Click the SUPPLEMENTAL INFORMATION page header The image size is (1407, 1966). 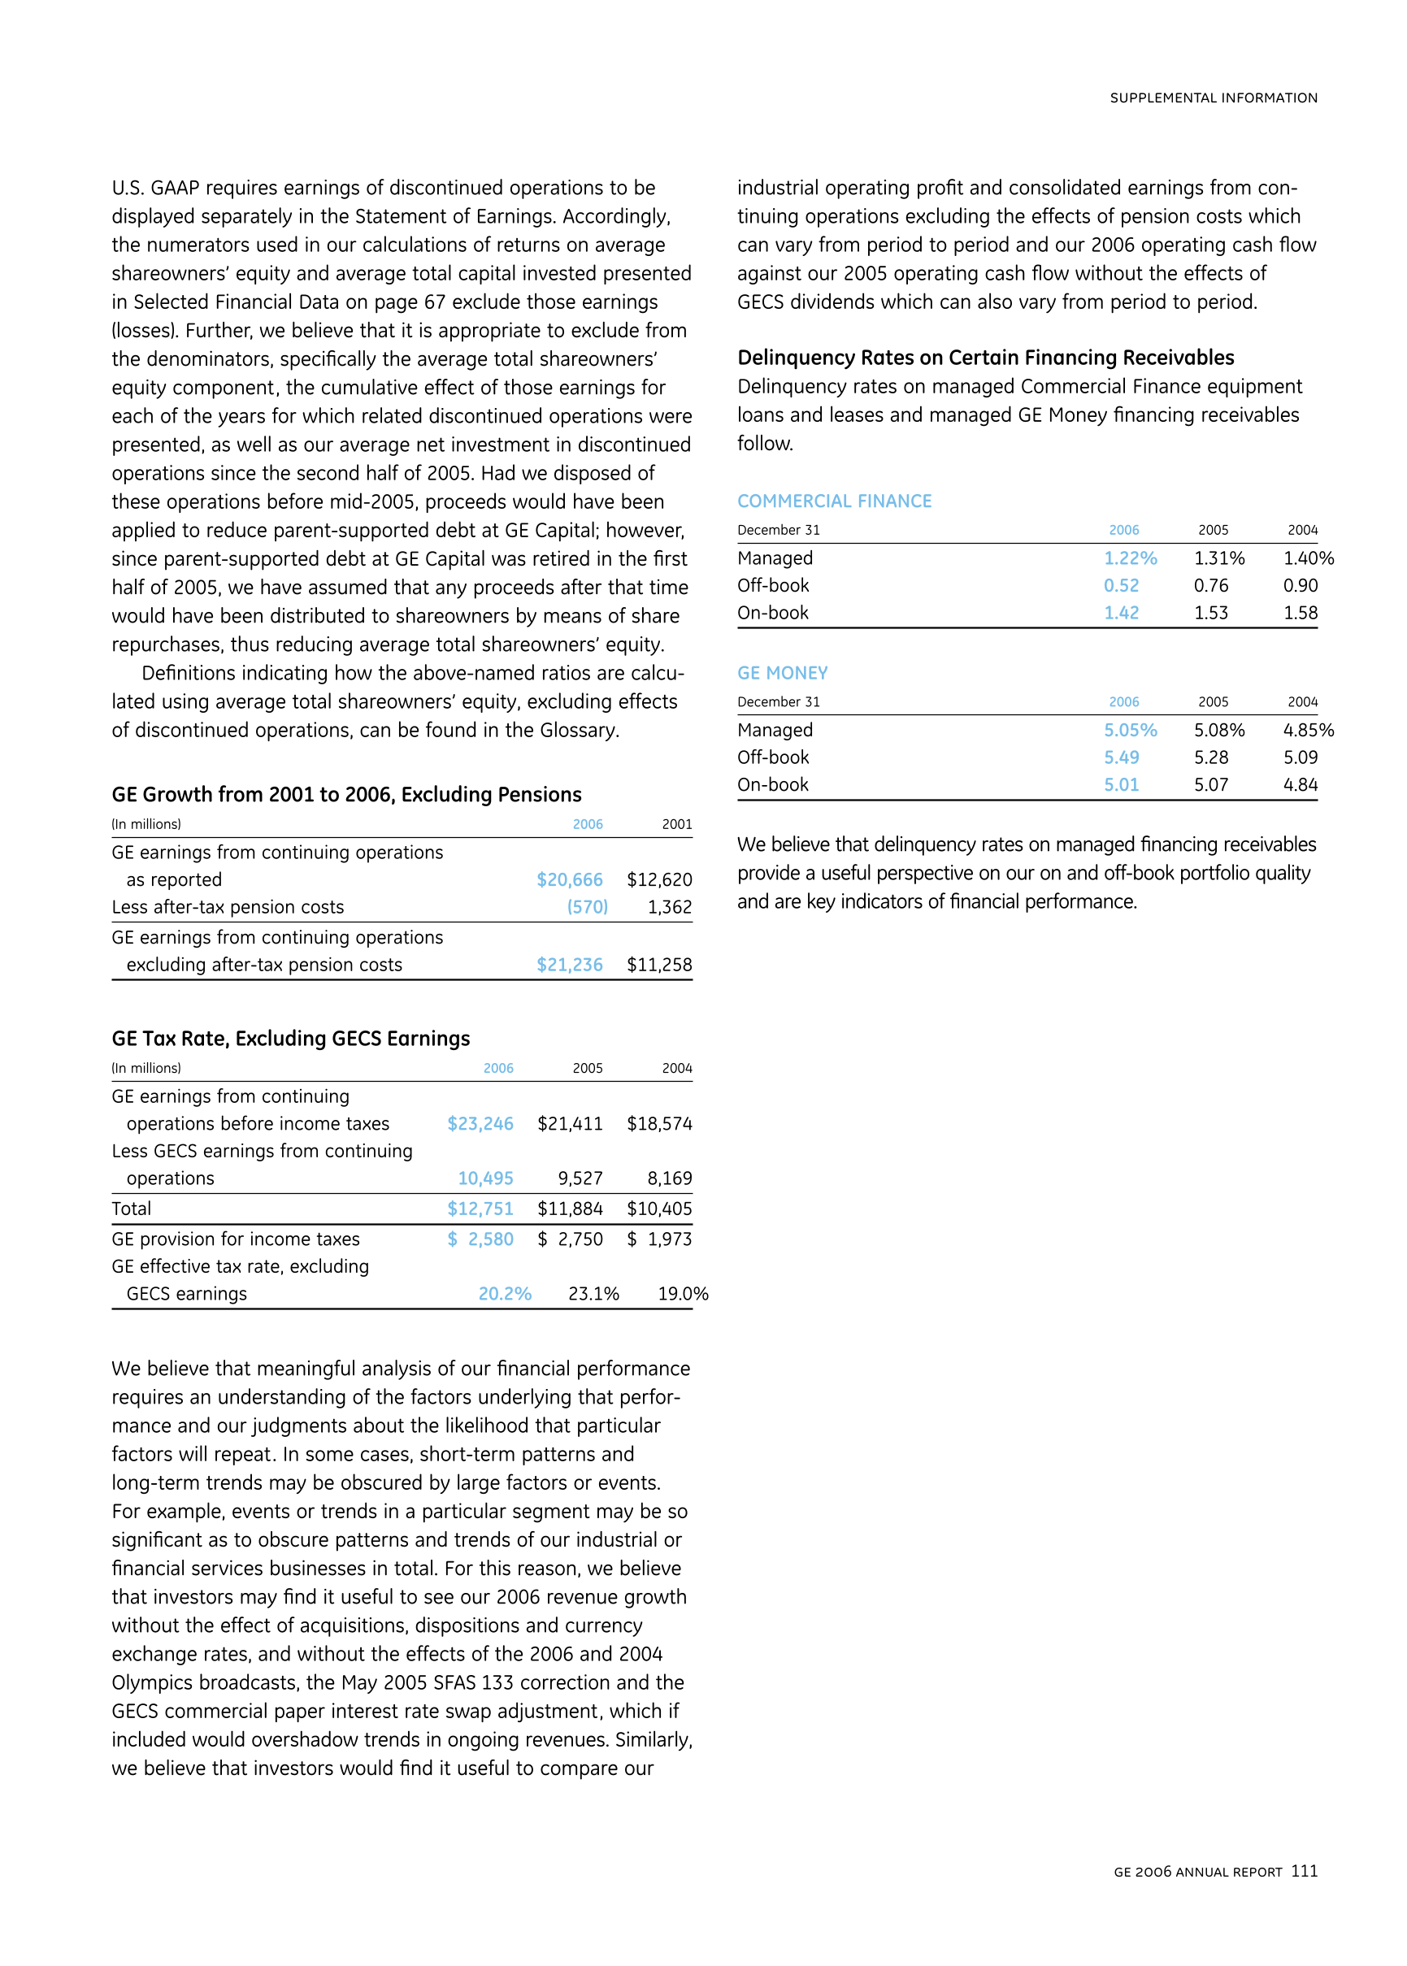(x=1213, y=98)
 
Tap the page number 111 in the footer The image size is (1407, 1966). (x=1304, y=1871)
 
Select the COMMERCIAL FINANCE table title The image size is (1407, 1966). (x=834, y=501)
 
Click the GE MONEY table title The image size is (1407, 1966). (x=782, y=673)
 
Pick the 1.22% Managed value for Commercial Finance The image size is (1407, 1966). (x=1130, y=558)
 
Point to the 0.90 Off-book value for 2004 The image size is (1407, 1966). (x=1301, y=585)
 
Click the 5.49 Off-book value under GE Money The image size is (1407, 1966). (x=1121, y=757)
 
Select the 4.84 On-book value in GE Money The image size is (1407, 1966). (x=1301, y=784)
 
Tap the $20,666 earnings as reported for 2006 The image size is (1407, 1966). (x=569, y=880)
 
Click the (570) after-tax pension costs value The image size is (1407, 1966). (x=588, y=907)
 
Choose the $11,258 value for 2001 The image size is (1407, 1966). (x=659, y=965)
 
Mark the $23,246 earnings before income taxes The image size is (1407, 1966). (x=480, y=1124)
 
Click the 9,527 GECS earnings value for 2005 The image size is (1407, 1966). (x=580, y=1178)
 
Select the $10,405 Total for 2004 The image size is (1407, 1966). (x=659, y=1209)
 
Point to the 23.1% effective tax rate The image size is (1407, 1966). (x=593, y=1294)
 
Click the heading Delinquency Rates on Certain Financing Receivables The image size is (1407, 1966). (x=986, y=358)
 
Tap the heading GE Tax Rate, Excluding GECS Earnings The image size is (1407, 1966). (x=290, y=1039)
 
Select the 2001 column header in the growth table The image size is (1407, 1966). (x=676, y=824)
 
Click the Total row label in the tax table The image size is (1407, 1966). (x=132, y=1209)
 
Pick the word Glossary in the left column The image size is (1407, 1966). (x=578, y=730)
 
